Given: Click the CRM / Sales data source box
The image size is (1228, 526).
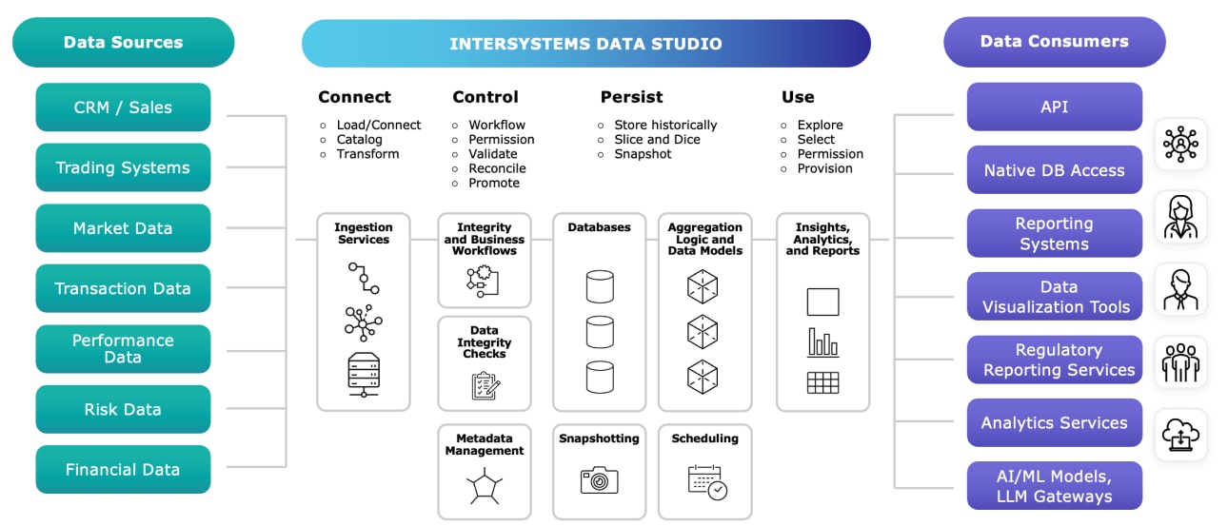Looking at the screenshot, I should [123, 107].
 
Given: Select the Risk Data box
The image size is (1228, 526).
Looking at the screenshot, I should [123, 409].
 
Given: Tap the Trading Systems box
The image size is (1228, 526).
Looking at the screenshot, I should [123, 167].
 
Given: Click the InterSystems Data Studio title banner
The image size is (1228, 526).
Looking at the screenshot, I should [585, 44].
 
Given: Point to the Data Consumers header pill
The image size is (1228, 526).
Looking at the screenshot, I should [1054, 42].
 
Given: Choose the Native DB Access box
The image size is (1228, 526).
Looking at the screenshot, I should [1054, 170].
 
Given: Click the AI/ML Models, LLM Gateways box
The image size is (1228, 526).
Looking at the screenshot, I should [1054, 487].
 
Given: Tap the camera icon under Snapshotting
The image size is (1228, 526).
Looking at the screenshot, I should [599, 479].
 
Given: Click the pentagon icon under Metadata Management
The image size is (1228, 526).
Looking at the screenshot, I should [484, 487].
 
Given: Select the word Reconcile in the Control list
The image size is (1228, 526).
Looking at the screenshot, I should [497, 168].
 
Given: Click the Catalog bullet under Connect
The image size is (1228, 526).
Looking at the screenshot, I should [359, 140].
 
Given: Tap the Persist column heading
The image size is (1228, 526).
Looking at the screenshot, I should [631, 97].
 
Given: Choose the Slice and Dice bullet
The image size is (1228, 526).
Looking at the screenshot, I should [657, 140].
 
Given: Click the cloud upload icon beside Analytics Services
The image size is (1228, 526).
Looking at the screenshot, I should [1180, 436].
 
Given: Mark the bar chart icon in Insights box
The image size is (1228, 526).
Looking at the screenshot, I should [822, 342].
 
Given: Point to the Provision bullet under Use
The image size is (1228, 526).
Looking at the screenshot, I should [824, 168].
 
